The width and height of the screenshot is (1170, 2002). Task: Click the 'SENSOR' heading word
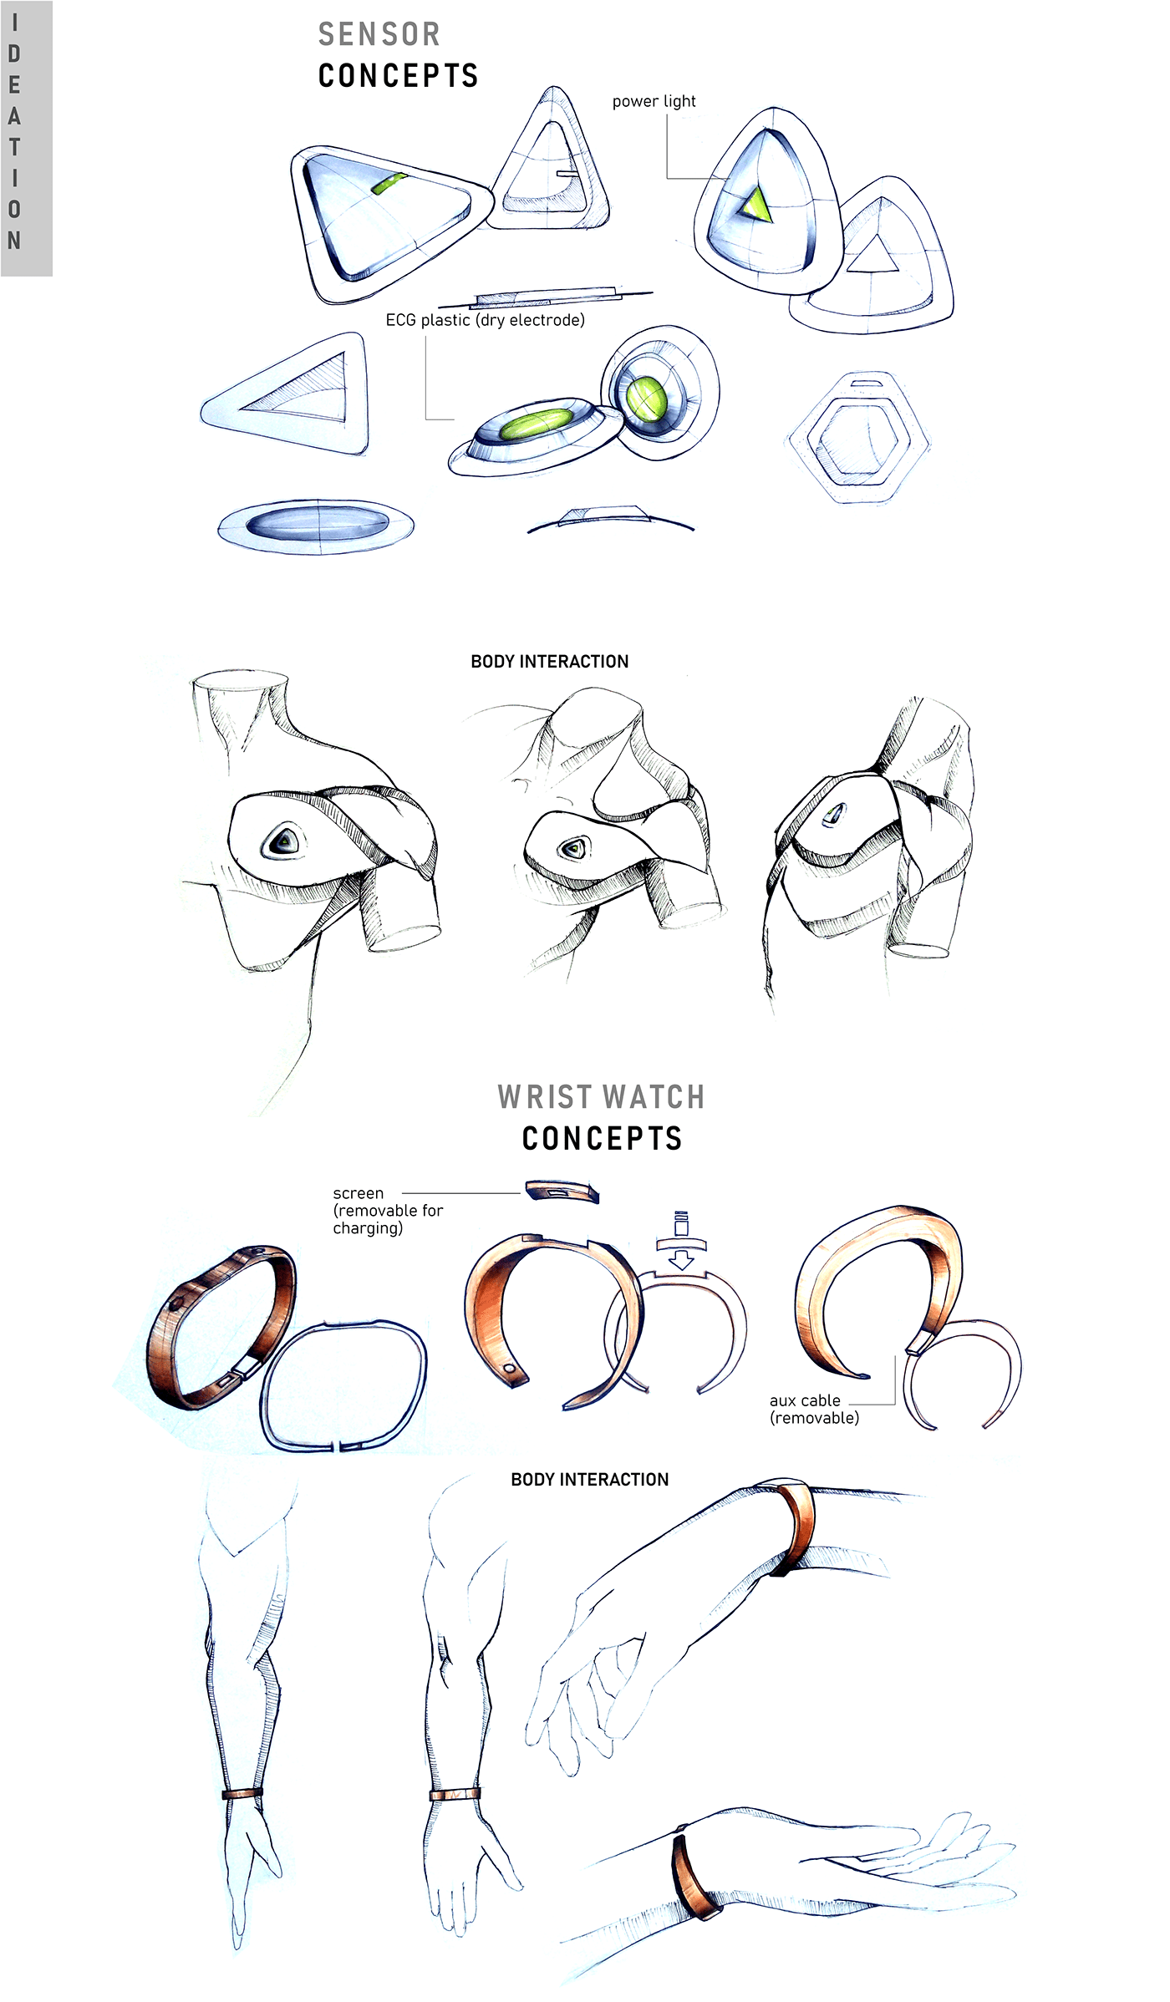point(379,34)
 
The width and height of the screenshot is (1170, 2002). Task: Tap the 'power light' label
point(654,101)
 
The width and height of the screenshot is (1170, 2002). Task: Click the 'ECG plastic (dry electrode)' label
point(485,320)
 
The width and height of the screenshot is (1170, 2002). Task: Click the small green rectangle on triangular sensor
point(389,184)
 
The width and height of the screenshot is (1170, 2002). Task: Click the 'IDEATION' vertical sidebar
point(26,138)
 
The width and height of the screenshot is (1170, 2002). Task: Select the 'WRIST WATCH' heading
point(601,1097)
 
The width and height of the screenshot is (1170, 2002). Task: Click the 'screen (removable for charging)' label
point(386,1210)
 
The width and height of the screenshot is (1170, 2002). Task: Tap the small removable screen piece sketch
point(562,1191)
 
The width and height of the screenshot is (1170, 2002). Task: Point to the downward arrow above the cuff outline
point(681,1258)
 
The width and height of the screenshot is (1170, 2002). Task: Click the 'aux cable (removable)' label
point(813,1409)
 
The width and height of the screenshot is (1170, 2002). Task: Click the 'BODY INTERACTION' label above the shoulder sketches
point(549,662)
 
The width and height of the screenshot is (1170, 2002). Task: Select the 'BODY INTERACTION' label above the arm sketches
point(589,1480)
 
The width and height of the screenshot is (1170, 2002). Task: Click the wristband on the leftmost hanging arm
point(242,1793)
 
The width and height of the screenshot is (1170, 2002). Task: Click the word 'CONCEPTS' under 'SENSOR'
point(398,76)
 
